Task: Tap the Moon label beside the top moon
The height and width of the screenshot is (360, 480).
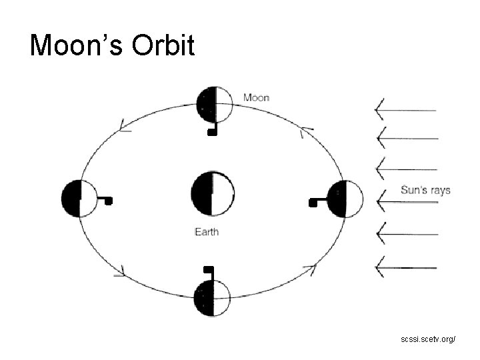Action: [x=256, y=97]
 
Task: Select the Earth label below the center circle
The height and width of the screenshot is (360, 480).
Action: [x=206, y=232]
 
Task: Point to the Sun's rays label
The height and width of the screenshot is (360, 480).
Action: [x=425, y=190]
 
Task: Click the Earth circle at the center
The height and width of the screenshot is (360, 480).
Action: [x=213, y=194]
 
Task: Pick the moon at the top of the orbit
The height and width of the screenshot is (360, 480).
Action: [x=215, y=105]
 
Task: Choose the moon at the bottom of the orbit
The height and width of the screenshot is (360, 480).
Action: [x=212, y=297]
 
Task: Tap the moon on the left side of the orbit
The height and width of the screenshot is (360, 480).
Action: [x=79, y=198]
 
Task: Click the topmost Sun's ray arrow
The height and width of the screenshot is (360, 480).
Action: [x=407, y=110]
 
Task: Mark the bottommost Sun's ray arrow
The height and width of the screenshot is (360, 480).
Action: [x=407, y=268]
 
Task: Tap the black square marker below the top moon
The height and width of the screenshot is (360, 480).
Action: [x=212, y=132]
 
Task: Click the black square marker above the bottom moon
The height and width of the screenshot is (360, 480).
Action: [x=208, y=269]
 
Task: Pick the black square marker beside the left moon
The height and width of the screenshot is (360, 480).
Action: [x=109, y=200]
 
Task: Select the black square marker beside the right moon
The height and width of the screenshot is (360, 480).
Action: [x=312, y=202]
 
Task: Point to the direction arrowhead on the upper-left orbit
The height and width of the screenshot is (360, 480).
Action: [x=124, y=126]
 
